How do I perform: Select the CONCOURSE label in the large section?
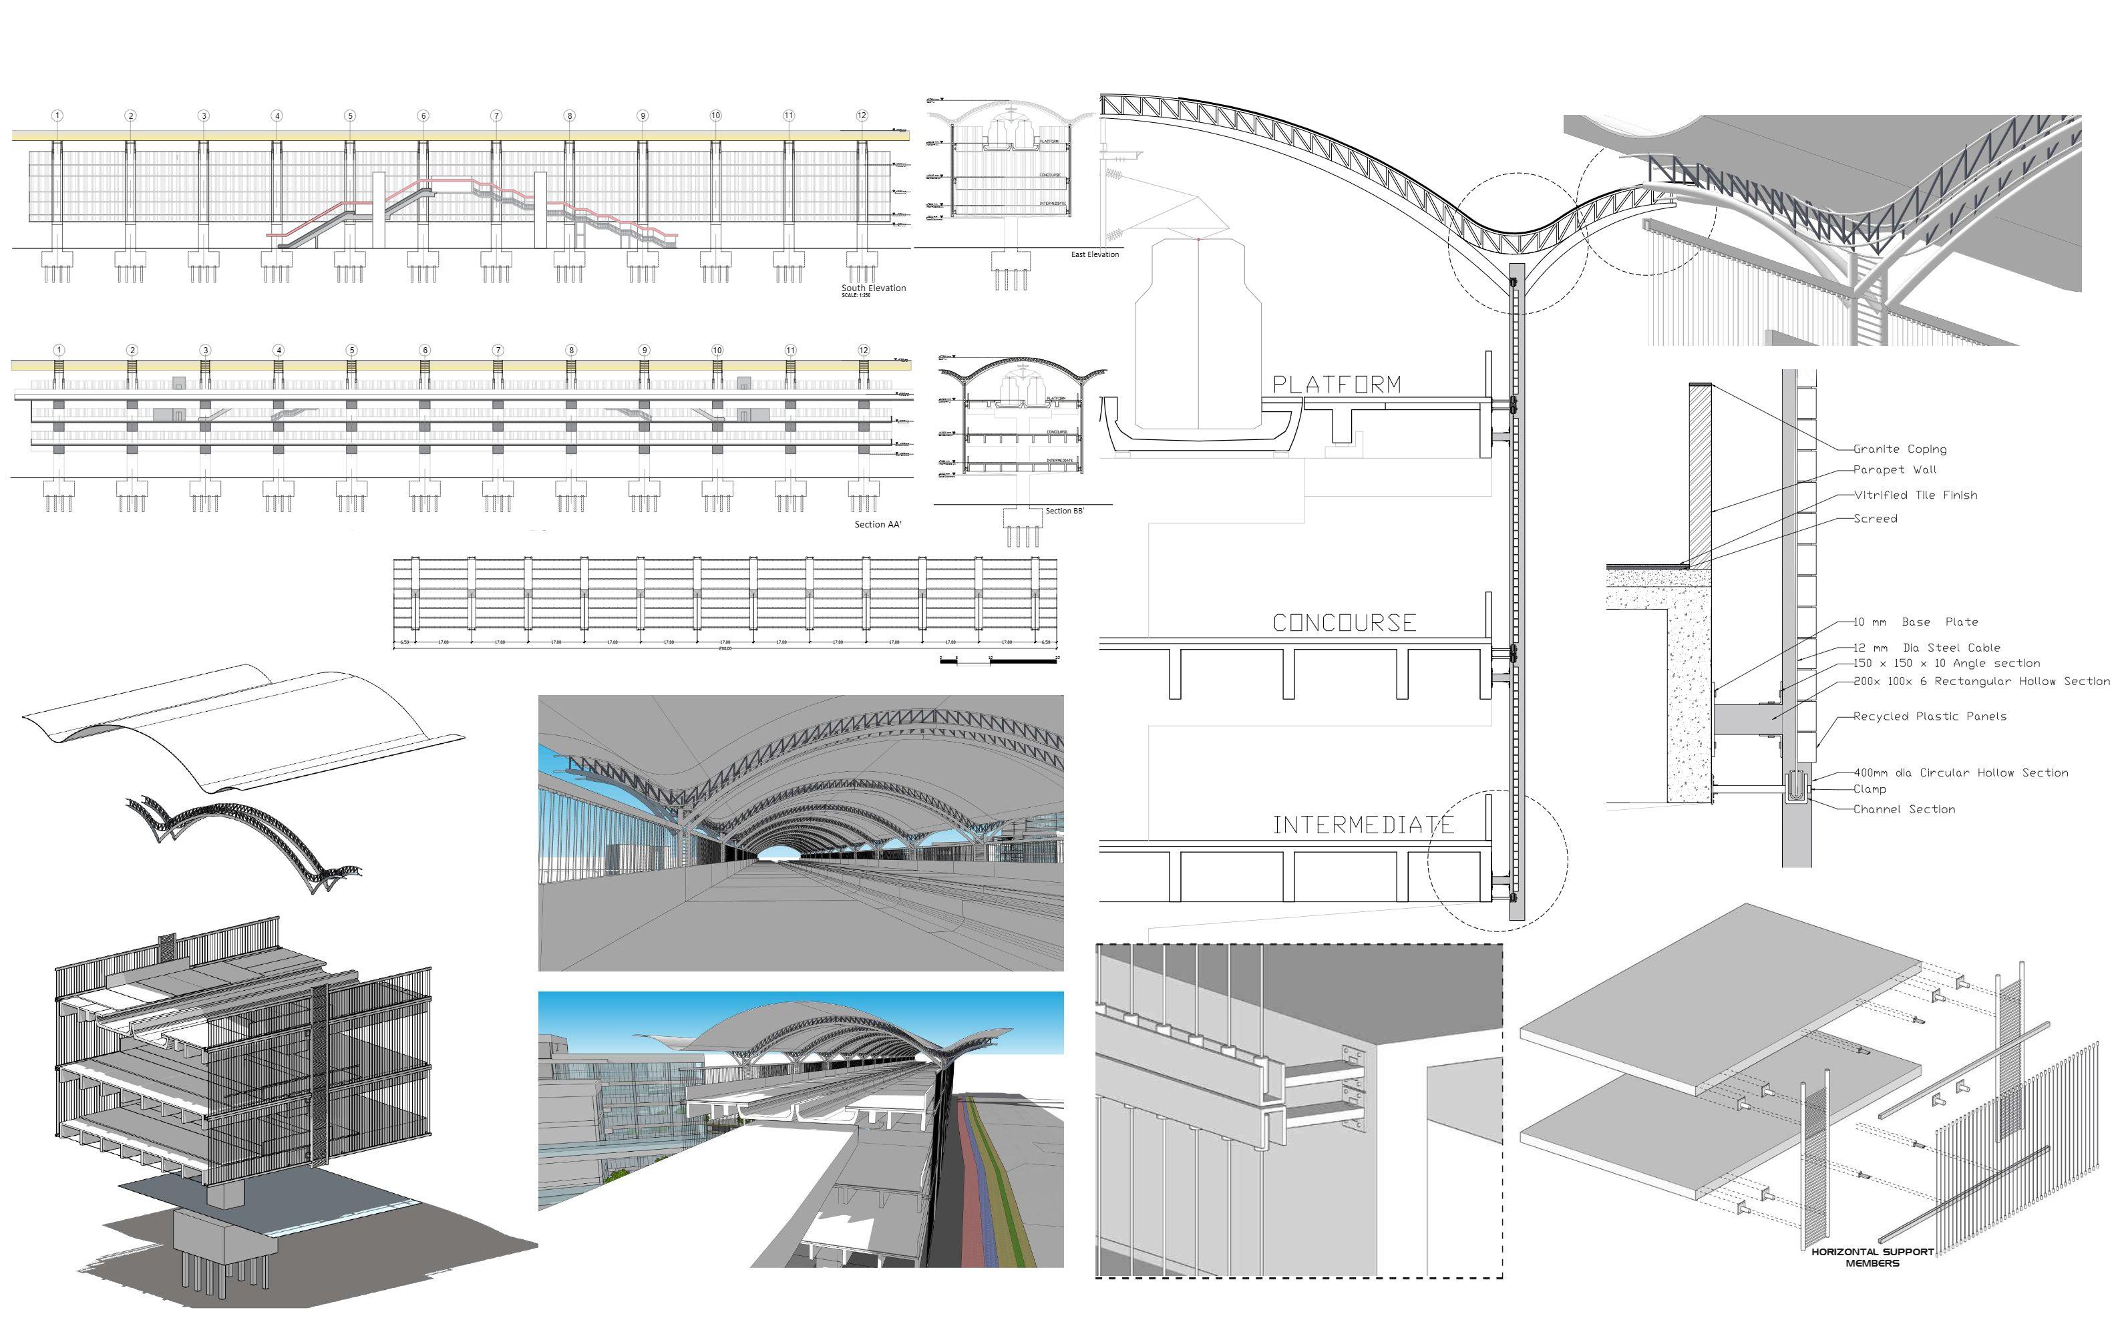[x=1345, y=624]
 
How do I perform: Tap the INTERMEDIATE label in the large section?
[x=1363, y=825]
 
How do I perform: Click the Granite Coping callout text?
[x=1900, y=449]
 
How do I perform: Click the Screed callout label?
[x=1875, y=519]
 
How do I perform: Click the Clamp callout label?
[x=1870, y=789]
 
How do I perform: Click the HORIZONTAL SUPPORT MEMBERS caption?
[x=1872, y=1258]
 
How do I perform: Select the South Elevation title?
[x=874, y=288]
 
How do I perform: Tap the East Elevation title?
[x=1095, y=254]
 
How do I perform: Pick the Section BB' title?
[x=1065, y=511]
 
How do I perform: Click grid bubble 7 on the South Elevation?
[x=496, y=116]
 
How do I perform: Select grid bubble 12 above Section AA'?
[x=863, y=351]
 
